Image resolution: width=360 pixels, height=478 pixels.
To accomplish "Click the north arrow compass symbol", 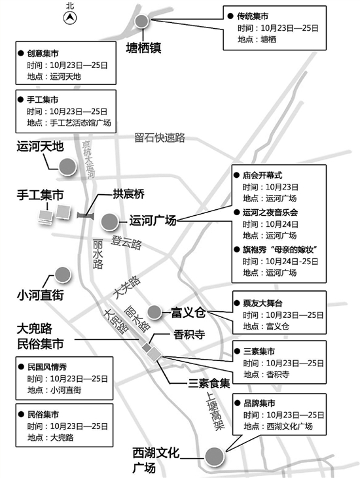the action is click(x=70, y=18).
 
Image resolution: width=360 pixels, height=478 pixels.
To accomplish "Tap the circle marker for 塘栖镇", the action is click(x=141, y=21).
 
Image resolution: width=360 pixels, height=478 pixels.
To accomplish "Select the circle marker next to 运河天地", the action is click(x=67, y=167).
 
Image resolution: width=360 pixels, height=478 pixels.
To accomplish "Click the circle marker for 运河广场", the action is click(x=109, y=222).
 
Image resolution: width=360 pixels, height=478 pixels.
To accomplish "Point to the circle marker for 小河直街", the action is click(x=63, y=275).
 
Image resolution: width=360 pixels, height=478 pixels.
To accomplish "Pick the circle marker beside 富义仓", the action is click(x=154, y=311).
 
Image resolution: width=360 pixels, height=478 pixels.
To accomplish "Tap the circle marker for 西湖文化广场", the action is click(x=214, y=456).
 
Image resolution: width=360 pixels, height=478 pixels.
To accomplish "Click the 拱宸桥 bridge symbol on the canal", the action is click(x=86, y=216).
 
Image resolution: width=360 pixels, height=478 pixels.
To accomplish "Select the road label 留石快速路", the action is click(x=160, y=138).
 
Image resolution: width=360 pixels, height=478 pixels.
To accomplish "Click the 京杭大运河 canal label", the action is click(x=88, y=159).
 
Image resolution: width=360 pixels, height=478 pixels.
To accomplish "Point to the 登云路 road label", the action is click(x=126, y=243).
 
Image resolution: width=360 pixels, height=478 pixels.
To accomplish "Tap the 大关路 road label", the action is click(x=126, y=288).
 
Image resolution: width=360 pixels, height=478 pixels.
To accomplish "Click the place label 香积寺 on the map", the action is click(x=189, y=335).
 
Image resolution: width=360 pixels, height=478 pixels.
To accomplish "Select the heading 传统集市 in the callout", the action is click(x=253, y=16).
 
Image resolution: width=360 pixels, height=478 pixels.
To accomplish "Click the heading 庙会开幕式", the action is click(x=262, y=175).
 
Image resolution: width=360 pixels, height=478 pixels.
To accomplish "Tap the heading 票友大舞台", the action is click(x=262, y=303).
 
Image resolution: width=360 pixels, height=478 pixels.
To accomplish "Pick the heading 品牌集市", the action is click(x=259, y=403).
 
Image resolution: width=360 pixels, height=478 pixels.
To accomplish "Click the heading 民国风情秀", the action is click(x=47, y=367).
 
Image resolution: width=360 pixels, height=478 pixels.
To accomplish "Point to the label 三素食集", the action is click(x=209, y=383).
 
